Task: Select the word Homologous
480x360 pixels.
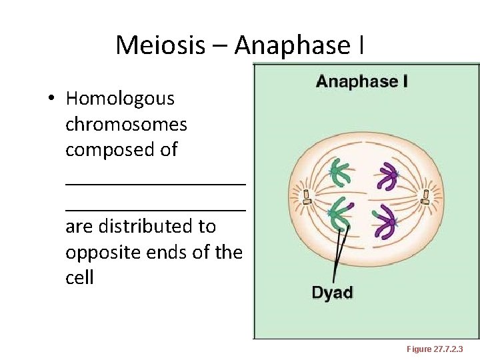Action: [x=120, y=99]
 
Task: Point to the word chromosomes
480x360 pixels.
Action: [x=126, y=124]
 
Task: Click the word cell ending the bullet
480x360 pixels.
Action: [x=79, y=277]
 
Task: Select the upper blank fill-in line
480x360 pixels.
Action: [x=155, y=180]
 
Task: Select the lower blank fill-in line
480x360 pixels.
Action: [x=155, y=207]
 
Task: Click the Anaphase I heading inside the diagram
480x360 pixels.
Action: [x=362, y=81]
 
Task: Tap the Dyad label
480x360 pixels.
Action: [x=332, y=292]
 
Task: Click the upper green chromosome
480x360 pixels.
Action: [x=342, y=173]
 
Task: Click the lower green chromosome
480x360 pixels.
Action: [x=341, y=216]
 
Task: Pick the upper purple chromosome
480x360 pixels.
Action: [x=386, y=177]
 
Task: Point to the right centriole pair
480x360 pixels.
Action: [x=425, y=196]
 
